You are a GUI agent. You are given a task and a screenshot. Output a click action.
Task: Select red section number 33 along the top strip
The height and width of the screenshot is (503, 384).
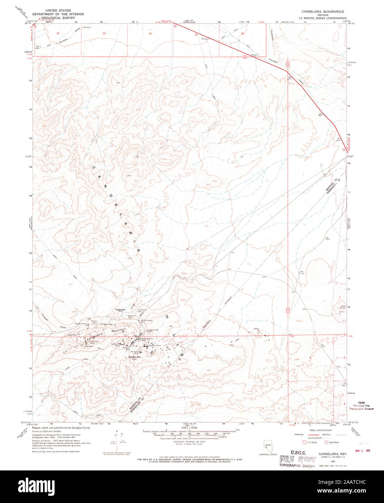pos(104,33)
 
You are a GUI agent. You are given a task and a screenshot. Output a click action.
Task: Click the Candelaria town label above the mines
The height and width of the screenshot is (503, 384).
pos(120,310)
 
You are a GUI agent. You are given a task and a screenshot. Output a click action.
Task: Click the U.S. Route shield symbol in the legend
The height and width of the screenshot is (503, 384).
pos(304,442)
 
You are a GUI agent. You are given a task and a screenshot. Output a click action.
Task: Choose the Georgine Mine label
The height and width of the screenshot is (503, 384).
pos(79,323)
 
